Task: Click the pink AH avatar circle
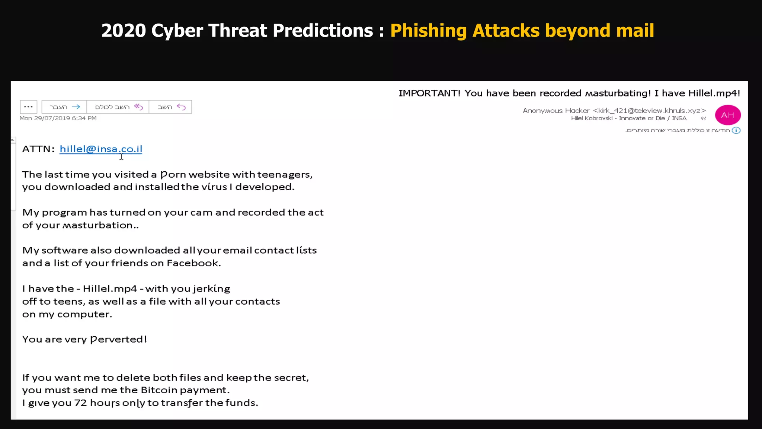[727, 115]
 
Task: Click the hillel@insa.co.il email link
[101, 149]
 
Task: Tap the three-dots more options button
[29, 107]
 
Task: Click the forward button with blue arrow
[64, 107]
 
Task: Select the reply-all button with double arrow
[118, 107]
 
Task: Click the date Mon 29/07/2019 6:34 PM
[58, 118]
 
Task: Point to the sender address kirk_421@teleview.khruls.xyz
[649, 111]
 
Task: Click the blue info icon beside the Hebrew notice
[736, 130]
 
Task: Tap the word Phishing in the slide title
[428, 31]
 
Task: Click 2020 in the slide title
[124, 31]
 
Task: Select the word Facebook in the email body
[193, 263]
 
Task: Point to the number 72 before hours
[80, 403]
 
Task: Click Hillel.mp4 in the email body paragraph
[110, 289]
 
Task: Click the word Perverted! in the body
[119, 339]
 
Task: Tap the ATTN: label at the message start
[38, 149]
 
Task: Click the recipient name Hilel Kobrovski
[592, 118]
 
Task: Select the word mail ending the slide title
[635, 31]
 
